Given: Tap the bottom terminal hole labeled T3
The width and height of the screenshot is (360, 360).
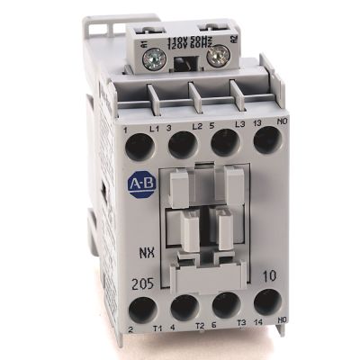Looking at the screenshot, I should click(x=227, y=304).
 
